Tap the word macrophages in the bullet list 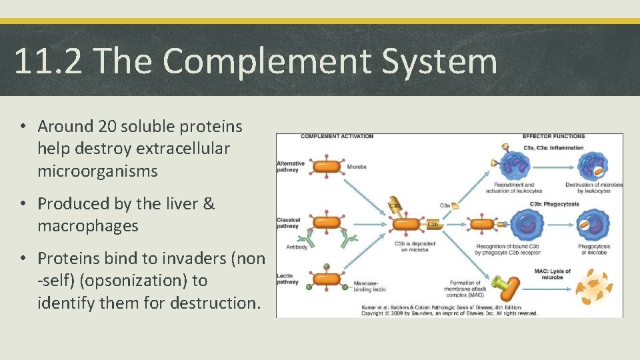click(87, 225)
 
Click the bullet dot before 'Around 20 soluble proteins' click(23, 127)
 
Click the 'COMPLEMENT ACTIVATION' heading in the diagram click(337, 137)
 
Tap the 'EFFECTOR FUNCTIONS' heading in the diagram click(554, 137)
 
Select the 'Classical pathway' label click(288, 222)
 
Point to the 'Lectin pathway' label click(288, 278)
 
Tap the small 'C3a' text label click(444, 206)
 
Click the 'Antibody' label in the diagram click(298, 247)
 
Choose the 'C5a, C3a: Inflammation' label click(554, 147)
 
